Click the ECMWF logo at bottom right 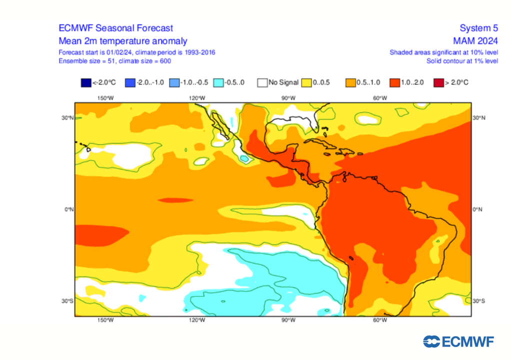[458, 342]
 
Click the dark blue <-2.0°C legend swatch [84, 82]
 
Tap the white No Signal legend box [261, 82]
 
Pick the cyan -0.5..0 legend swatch [217, 82]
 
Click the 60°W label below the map [380, 320]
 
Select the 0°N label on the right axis [477, 209]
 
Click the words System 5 [478, 28]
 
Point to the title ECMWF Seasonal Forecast [115, 28]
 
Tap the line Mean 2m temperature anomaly [123, 41]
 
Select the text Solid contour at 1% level [462, 60]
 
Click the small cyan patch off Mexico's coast [244, 158]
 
